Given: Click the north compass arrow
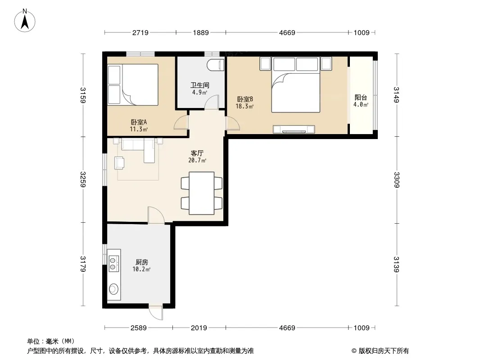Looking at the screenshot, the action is (x=25, y=22).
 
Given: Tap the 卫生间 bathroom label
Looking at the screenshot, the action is (x=200, y=85).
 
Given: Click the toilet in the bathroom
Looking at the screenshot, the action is (x=216, y=65).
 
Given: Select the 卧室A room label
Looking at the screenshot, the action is (x=139, y=122).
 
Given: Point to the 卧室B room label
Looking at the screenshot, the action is (x=245, y=99).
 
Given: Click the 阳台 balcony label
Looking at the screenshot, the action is (x=361, y=97).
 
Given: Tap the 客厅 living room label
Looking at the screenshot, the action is (x=197, y=153).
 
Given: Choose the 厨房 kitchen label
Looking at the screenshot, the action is (x=142, y=262).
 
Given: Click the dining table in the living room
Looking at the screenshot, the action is (x=201, y=193).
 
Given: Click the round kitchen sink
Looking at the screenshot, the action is (x=113, y=288).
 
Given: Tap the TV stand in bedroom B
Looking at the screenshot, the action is (x=294, y=130).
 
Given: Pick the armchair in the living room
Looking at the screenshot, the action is (x=119, y=163).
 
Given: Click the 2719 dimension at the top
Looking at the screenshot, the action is (x=140, y=32).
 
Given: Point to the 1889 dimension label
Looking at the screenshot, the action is (x=201, y=32).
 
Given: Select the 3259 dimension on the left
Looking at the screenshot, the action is (x=83, y=179).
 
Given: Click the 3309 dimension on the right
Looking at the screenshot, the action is (x=397, y=180).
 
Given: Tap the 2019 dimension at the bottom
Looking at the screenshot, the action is (x=199, y=328).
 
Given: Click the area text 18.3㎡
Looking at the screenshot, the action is (x=245, y=107).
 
